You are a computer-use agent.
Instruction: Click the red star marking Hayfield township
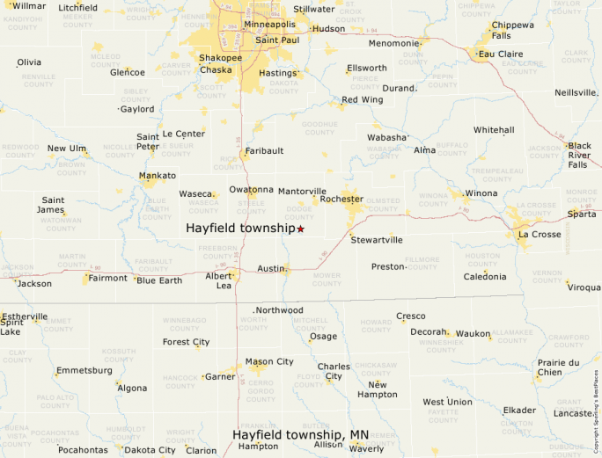[300, 229]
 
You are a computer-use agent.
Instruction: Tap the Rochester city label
[341, 200]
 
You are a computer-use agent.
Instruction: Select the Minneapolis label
[269, 24]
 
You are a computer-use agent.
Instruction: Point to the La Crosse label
[540, 235]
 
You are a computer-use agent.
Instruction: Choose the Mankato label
[158, 176]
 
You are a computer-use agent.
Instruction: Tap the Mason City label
[269, 361]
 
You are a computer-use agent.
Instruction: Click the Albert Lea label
[218, 280]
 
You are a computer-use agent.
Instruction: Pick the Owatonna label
[251, 190]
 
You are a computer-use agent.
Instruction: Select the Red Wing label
[362, 100]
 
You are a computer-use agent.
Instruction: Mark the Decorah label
[429, 332]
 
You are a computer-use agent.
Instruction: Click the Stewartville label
[377, 239]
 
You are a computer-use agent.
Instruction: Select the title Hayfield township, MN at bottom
[300, 434]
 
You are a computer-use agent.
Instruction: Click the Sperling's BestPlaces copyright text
[595, 404]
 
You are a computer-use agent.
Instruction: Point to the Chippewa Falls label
[512, 30]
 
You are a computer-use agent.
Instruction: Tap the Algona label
[132, 388]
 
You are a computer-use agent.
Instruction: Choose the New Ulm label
[68, 149]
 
